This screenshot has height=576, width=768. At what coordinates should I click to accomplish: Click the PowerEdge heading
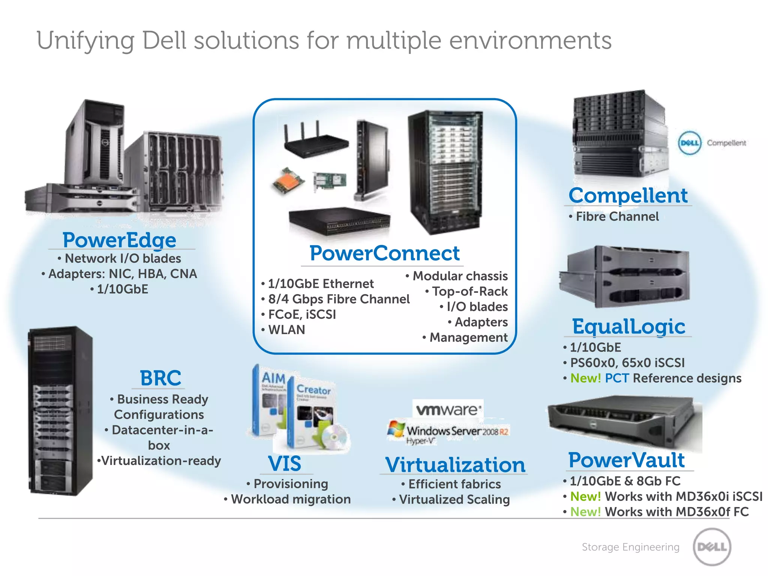[x=119, y=240]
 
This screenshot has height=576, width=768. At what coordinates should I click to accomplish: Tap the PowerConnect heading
[x=384, y=253]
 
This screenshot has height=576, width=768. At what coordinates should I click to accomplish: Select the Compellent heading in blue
[x=628, y=195]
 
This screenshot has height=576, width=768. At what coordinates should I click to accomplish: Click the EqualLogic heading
[x=628, y=326]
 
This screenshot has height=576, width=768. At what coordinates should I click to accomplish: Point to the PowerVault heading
[x=626, y=460]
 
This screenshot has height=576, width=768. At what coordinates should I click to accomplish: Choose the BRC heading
[x=160, y=378]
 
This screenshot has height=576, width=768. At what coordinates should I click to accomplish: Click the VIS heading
[x=284, y=464]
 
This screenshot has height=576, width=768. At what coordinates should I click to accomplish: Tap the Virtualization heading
[x=455, y=465]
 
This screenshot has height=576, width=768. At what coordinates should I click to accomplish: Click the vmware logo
[x=448, y=409]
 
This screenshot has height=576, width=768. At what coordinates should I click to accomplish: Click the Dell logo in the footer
[x=712, y=547]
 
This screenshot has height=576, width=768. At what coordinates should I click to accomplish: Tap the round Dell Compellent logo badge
[x=689, y=143]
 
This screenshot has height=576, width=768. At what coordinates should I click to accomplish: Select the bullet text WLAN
[x=286, y=330]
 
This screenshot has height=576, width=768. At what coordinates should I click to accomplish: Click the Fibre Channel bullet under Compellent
[x=617, y=216]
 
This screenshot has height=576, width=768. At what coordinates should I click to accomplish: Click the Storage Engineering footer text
[x=630, y=547]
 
